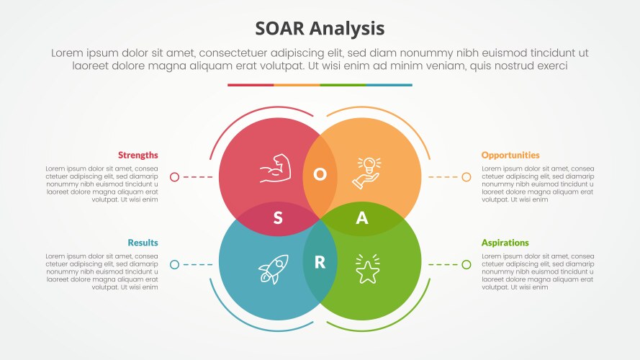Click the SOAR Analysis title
tap(320, 28)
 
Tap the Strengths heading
tap(138, 155)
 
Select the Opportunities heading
tap(510, 155)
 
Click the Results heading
tap(143, 243)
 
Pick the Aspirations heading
tap(505, 243)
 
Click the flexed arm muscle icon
tap(274, 169)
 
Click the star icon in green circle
tap(366, 270)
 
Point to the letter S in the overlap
tap(278, 219)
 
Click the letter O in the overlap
tap(320, 174)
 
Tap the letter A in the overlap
tap(362, 219)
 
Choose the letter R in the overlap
tap(320, 263)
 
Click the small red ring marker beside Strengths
tap(174, 176)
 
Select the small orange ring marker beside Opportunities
tap(466, 176)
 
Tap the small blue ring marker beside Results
tap(174, 265)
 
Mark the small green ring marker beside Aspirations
tap(466, 265)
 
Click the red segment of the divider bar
tap(251, 85)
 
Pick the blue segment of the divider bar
tap(389, 85)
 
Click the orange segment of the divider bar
tap(297, 85)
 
